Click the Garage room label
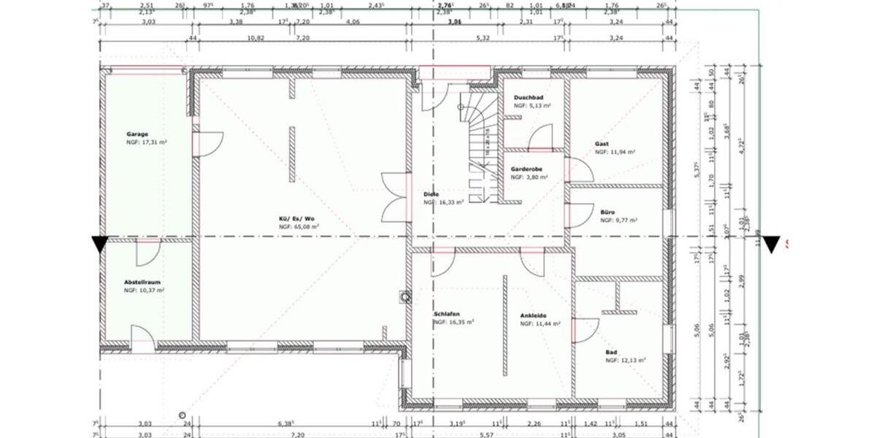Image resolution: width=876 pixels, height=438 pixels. tap(137, 134)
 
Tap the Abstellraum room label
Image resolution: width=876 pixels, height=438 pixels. tap(142, 282)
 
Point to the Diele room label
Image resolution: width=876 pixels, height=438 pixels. tap(431, 194)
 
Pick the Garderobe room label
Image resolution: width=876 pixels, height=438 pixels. tap(526, 169)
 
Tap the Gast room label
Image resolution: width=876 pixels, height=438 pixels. tap(602, 144)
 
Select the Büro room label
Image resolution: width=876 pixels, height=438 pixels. tap(607, 212)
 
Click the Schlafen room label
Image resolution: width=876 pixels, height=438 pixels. tap(446, 313)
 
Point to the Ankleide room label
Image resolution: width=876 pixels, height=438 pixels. tap(534, 315)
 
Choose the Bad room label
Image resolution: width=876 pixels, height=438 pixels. tap(611, 352)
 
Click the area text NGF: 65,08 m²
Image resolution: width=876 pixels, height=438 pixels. tap(299, 227)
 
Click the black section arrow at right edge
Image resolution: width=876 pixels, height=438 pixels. tap(771, 245)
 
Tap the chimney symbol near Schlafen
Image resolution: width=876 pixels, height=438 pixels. tap(405, 296)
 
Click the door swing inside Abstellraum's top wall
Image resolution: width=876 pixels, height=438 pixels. tap(147, 252)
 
